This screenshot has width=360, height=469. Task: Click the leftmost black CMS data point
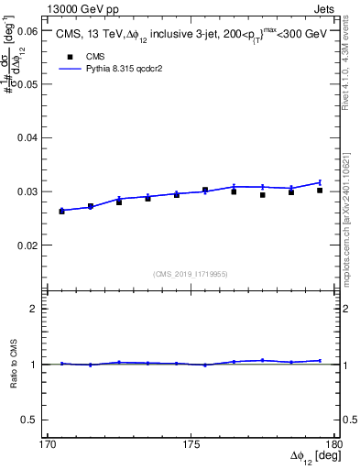pos(62,211)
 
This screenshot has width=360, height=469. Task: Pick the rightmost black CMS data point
pos(320,190)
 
